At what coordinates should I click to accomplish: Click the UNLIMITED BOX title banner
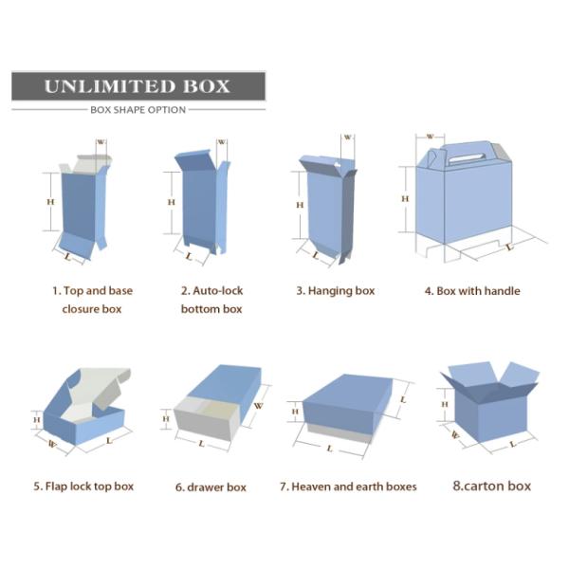click(138, 86)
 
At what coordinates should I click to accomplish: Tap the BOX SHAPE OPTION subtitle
click(138, 110)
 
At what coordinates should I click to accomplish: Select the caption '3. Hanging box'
click(336, 291)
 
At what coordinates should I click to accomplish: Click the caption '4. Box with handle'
click(472, 291)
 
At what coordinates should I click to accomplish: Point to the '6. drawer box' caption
click(211, 487)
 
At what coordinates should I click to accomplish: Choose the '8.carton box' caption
click(491, 486)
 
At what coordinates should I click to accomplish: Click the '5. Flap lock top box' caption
click(83, 486)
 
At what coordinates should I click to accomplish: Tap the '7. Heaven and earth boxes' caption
click(348, 486)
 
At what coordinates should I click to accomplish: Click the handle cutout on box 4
click(467, 158)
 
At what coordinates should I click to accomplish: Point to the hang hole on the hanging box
click(338, 164)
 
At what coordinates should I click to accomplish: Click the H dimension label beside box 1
click(50, 202)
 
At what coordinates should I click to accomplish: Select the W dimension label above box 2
click(221, 142)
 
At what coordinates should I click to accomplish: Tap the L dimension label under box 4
click(510, 248)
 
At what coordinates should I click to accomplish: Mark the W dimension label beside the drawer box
click(258, 405)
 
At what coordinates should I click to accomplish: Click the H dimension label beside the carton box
click(445, 404)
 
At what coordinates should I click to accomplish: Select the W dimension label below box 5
click(52, 444)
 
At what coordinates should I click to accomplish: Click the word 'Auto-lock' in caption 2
click(218, 291)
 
